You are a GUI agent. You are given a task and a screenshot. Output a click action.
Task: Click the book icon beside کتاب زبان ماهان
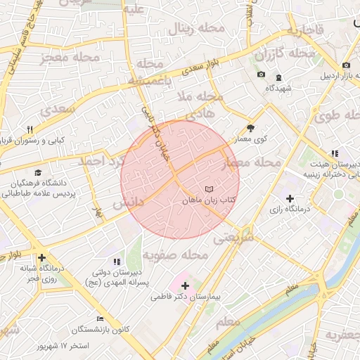[208, 189]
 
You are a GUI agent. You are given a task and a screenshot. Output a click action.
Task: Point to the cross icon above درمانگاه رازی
[290, 199]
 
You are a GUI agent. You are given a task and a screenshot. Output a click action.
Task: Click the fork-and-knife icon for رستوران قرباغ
[30, 129]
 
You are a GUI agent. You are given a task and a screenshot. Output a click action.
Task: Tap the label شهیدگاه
[278, 88]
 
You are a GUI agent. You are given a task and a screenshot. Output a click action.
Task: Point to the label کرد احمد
[101, 161]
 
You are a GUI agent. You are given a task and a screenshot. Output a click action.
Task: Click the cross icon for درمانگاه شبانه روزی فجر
[41, 258]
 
